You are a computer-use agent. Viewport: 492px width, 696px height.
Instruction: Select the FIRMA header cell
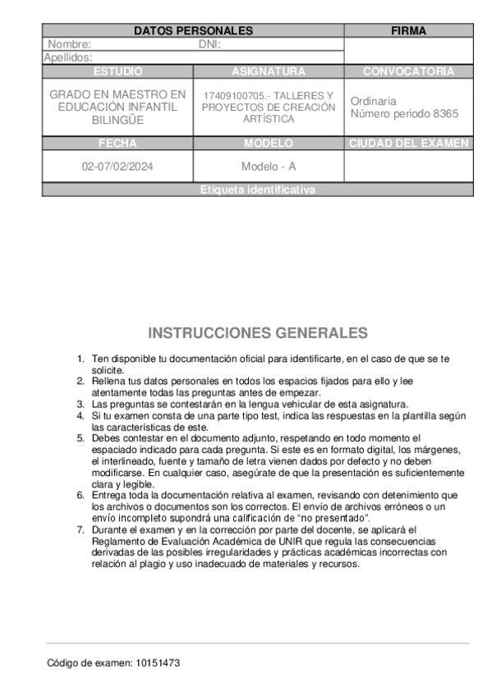pos(408,30)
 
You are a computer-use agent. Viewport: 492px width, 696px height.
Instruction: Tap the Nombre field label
pos(69,44)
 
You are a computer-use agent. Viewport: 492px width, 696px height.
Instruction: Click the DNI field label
pos(210,44)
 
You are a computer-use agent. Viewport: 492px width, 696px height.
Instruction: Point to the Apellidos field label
pos(67,57)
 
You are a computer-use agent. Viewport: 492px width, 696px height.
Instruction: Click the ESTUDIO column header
pos(117,71)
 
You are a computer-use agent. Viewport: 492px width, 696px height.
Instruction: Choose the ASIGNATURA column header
pos(269,71)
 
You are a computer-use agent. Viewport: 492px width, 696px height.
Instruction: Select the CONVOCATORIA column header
pos(408,71)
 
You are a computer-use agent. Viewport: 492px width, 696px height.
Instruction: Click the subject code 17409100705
pos(234,95)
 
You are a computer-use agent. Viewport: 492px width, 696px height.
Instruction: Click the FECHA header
pos(117,143)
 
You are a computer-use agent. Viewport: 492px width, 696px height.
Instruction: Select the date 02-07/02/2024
pos(117,166)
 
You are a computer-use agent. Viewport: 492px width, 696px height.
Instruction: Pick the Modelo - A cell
pos(269,166)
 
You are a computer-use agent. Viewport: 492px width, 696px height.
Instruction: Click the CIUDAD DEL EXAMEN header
pos(408,143)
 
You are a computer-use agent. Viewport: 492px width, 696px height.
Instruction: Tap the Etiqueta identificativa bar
pos(257,190)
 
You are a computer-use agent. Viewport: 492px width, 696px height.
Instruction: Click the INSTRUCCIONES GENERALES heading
pos(258,333)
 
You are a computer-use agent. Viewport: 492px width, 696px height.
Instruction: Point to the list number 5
pos(80,438)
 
